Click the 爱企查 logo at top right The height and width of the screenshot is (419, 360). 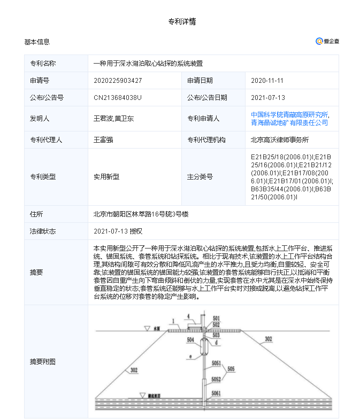point(327,42)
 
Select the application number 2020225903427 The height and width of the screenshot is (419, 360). point(118,81)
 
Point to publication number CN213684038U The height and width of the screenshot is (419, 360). point(118,98)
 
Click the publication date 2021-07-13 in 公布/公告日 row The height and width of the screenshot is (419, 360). point(268,98)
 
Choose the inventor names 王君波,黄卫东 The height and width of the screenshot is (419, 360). point(114,119)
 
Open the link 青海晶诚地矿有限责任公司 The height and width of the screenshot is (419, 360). point(289,123)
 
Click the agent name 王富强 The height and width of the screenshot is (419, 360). point(103,140)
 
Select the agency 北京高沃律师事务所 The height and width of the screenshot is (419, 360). point(280,140)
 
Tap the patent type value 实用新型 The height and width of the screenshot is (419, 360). point(106,177)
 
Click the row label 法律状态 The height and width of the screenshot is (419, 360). point(43,231)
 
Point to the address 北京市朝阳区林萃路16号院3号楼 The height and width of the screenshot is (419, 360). point(141,214)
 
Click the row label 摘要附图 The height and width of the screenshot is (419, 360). point(43,362)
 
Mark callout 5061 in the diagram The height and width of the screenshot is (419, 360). point(216,393)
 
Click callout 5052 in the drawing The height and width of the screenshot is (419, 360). point(216,379)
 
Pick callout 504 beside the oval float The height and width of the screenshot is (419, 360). point(190,339)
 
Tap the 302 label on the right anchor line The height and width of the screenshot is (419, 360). point(268,339)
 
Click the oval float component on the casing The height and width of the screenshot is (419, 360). point(204,346)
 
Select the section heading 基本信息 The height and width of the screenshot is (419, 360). point(37,42)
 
